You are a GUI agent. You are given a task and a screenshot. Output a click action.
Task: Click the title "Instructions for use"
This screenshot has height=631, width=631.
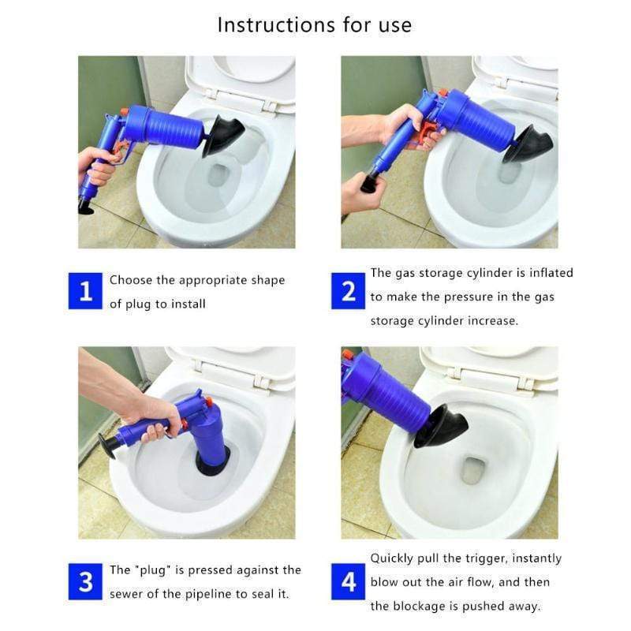click(x=314, y=25)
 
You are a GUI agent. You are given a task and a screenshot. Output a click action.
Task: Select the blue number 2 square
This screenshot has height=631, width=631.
click(x=349, y=292)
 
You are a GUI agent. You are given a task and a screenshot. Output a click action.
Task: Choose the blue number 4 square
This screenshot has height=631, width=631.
click(x=349, y=582)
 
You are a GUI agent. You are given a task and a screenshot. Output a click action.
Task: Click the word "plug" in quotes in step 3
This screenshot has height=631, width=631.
click(x=151, y=569)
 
